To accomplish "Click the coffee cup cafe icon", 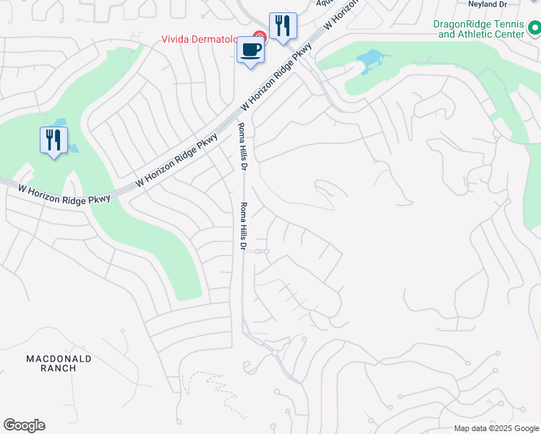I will [x=251, y=51].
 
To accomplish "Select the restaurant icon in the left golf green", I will [x=54, y=140].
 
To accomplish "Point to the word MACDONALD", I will [x=59, y=359].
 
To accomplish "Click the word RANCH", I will [x=59, y=368].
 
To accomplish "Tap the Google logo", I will [x=24, y=425].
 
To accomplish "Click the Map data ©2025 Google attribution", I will [x=495, y=428].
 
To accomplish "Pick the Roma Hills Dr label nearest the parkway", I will [x=243, y=147].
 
